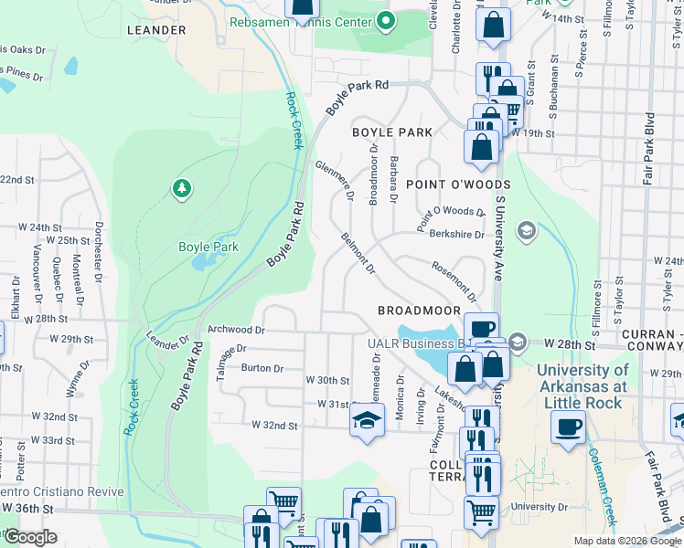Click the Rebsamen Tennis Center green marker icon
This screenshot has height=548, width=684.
click(386, 20)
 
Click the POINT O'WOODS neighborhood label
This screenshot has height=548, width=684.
click(458, 184)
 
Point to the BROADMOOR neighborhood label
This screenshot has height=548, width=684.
click(419, 311)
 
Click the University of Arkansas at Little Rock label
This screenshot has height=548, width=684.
click(582, 386)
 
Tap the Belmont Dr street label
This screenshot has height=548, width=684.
click(358, 253)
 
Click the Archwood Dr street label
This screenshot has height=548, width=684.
click(236, 329)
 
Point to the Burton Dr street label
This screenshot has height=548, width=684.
click(262, 368)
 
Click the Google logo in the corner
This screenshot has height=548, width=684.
click(29, 537)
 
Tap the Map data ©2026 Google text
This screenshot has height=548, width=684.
click(626, 541)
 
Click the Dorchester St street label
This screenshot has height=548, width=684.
click(97, 248)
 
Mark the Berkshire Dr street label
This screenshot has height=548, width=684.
click(456, 234)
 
